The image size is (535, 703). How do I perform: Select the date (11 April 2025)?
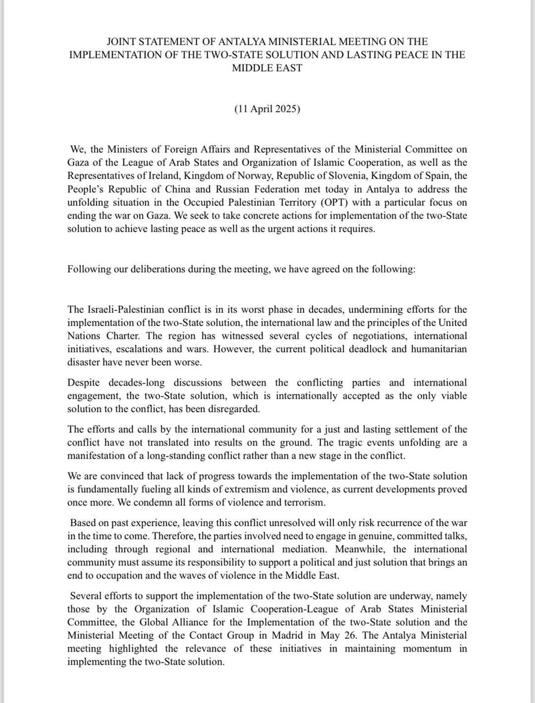click(x=267, y=109)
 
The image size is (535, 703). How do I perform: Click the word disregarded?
click(x=235, y=409)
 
